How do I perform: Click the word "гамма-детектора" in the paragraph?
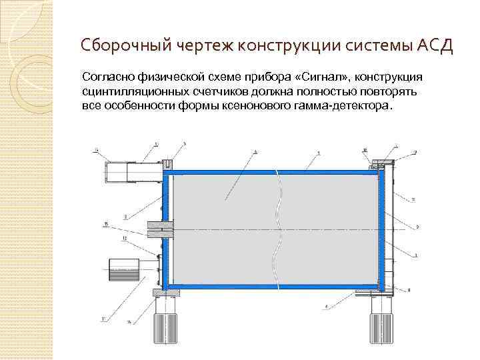348,107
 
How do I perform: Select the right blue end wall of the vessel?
382,229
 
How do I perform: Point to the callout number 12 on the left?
124,238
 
